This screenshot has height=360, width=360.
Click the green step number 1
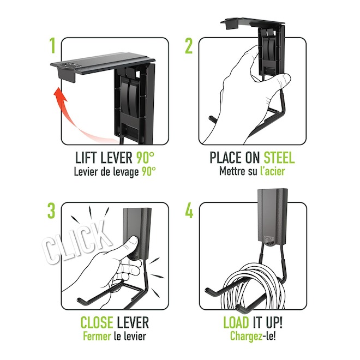point(52,46)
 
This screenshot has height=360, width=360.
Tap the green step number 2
point(189,46)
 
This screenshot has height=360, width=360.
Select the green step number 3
point(51,211)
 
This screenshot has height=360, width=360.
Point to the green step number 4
point(189,211)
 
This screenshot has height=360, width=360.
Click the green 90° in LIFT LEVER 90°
point(145,158)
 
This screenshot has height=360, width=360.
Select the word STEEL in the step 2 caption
point(279,158)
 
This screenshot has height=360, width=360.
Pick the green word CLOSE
point(97,322)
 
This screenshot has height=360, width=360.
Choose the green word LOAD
point(236,322)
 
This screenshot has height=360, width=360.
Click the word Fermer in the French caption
point(97,337)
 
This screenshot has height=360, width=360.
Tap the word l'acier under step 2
point(272,171)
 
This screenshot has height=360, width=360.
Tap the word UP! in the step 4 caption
point(274,322)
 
